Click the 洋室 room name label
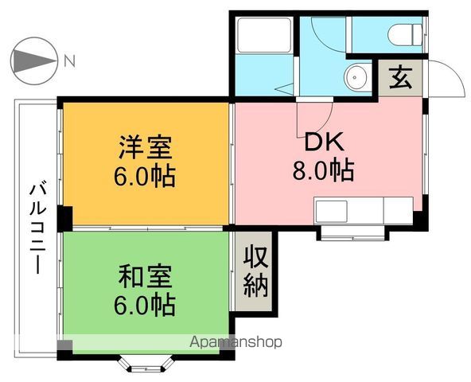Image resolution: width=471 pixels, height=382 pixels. coord(146,148)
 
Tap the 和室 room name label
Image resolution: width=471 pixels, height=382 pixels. coord(146,278)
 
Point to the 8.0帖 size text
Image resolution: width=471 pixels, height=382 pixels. coord(322,170)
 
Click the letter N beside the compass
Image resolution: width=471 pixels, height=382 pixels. coord(70,60)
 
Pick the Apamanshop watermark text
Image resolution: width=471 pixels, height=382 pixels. coord(237,342)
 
